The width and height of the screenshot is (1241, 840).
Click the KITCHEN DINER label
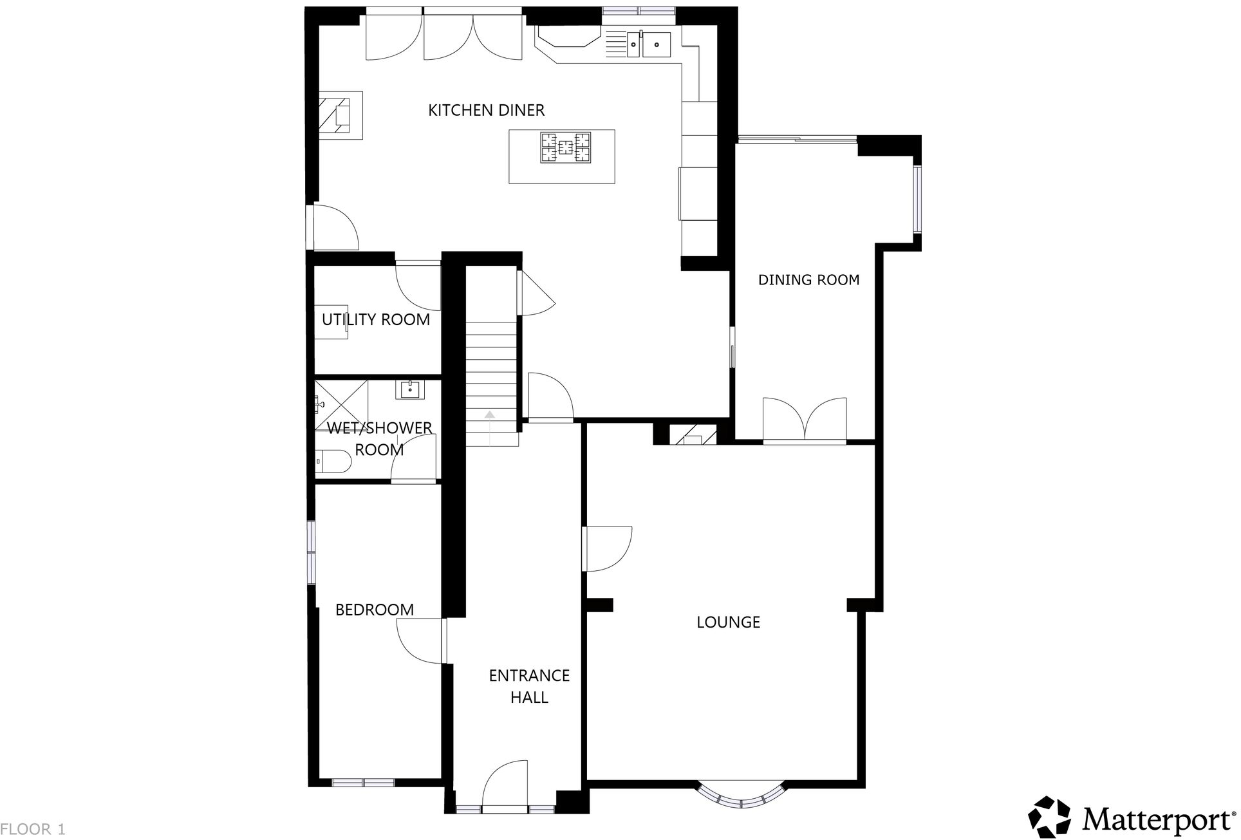(486, 110)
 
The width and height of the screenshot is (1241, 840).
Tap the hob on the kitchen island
(565, 147)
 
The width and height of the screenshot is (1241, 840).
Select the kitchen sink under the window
(649, 44)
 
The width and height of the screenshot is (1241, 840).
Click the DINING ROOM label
(808, 279)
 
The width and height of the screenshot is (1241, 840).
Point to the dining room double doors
(805, 420)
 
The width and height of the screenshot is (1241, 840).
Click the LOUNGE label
(728, 622)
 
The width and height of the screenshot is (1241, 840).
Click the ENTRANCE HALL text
(529, 686)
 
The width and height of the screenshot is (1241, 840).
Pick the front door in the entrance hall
(505, 785)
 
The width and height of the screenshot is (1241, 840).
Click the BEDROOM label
(374, 610)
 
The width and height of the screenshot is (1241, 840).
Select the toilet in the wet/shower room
(333, 462)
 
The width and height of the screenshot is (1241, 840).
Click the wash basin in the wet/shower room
(410, 389)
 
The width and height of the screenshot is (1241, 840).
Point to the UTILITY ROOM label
(376, 319)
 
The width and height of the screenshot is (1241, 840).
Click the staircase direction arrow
(490, 415)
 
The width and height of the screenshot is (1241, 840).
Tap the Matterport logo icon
(1049, 817)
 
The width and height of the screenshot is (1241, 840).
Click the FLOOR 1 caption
(33, 829)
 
